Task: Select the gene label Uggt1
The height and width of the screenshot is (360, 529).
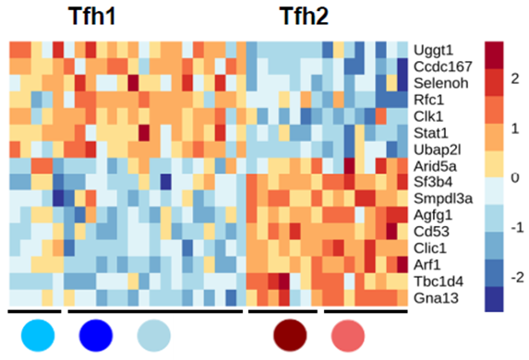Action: coord(432,49)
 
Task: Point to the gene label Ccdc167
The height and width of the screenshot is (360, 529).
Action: coord(439,66)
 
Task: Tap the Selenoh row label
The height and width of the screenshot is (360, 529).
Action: coord(438,82)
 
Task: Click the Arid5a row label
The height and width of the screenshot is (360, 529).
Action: coord(433,165)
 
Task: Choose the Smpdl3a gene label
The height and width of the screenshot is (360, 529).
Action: coord(441,198)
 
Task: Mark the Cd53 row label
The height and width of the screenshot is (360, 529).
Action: coord(430,232)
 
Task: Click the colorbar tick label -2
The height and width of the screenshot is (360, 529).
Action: coord(516,277)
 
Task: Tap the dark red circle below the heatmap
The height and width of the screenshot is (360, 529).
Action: coord(292,333)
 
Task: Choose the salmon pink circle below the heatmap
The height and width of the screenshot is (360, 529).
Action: coord(348,333)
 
